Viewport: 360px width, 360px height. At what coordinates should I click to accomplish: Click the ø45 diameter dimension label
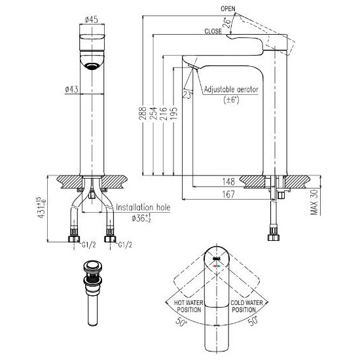(x=92, y=20)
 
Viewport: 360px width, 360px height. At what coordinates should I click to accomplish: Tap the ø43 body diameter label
(x=71, y=89)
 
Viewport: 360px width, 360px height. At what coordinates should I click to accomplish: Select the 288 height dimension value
(x=143, y=113)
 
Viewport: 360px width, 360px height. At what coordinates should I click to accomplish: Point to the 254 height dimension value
(x=153, y=113)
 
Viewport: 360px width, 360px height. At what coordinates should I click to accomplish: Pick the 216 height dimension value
(x=163, y=113)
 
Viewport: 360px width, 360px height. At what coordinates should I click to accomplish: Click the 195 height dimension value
(x=174, y=113)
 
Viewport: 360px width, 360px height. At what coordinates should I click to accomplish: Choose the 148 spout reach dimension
(x=228, y=181)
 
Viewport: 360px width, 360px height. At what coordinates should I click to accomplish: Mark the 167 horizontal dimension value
(x=228, y=194)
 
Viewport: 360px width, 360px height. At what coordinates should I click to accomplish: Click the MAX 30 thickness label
(x=315, y=202)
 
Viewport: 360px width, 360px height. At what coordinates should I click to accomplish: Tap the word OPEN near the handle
(x=228, y=9)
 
